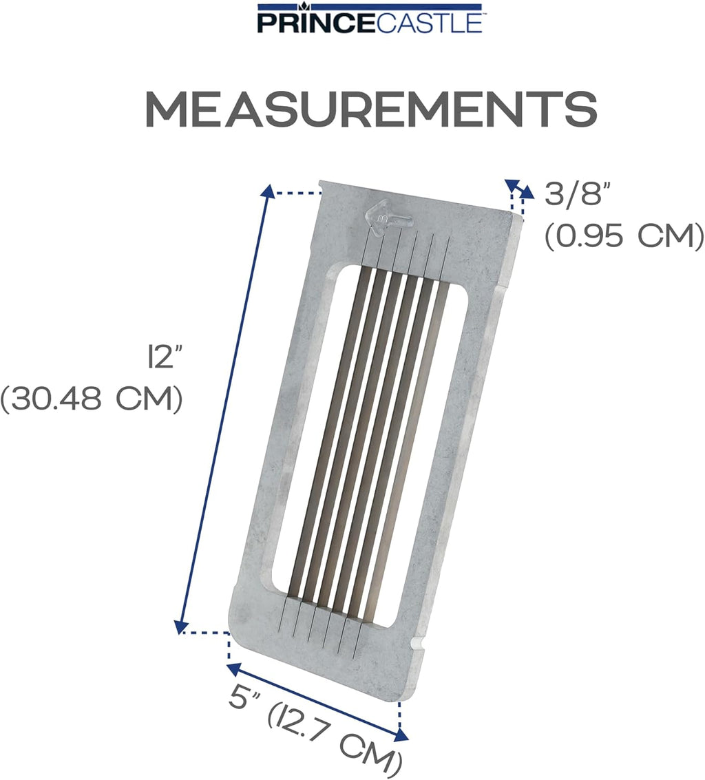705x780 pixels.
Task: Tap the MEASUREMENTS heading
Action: tap(370, 108)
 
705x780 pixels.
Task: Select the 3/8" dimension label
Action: tap(577, 195)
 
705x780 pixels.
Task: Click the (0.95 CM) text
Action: tap(624, 236)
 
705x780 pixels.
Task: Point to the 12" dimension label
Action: tap(163, 358)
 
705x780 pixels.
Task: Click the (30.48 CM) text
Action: tap(92, 399)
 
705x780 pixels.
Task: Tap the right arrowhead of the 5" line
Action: tap(401, 737)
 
